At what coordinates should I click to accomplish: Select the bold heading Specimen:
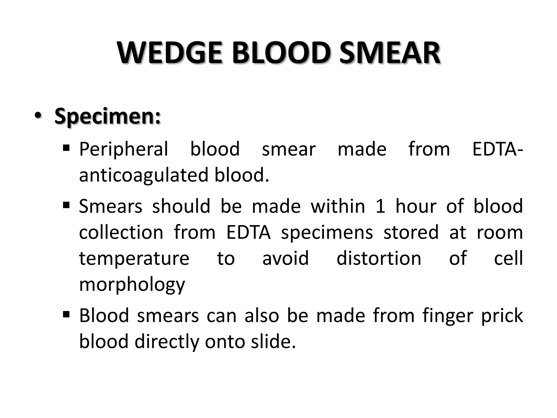point(107,116)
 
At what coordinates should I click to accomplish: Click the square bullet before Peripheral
point(66,148)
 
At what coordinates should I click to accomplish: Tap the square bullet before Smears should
point(66,205)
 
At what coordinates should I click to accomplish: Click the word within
point(338,206)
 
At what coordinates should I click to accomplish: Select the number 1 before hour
point(380,206)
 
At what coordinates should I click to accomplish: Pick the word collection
point(121,232)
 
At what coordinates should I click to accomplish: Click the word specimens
point(327,233)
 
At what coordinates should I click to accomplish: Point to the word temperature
point(134,259)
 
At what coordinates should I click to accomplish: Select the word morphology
point(132,285)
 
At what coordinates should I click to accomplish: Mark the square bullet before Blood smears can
point(66,315)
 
